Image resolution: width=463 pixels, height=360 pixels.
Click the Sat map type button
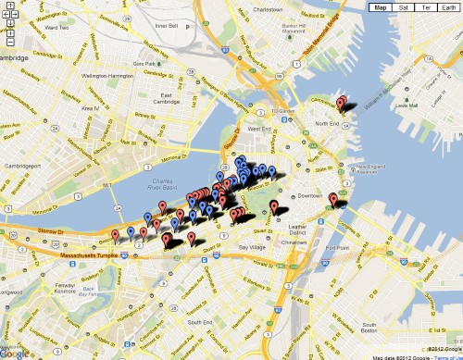coord(405,7)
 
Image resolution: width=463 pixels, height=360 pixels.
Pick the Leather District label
coord(298,228)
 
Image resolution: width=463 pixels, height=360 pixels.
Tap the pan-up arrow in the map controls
coord(9,7)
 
